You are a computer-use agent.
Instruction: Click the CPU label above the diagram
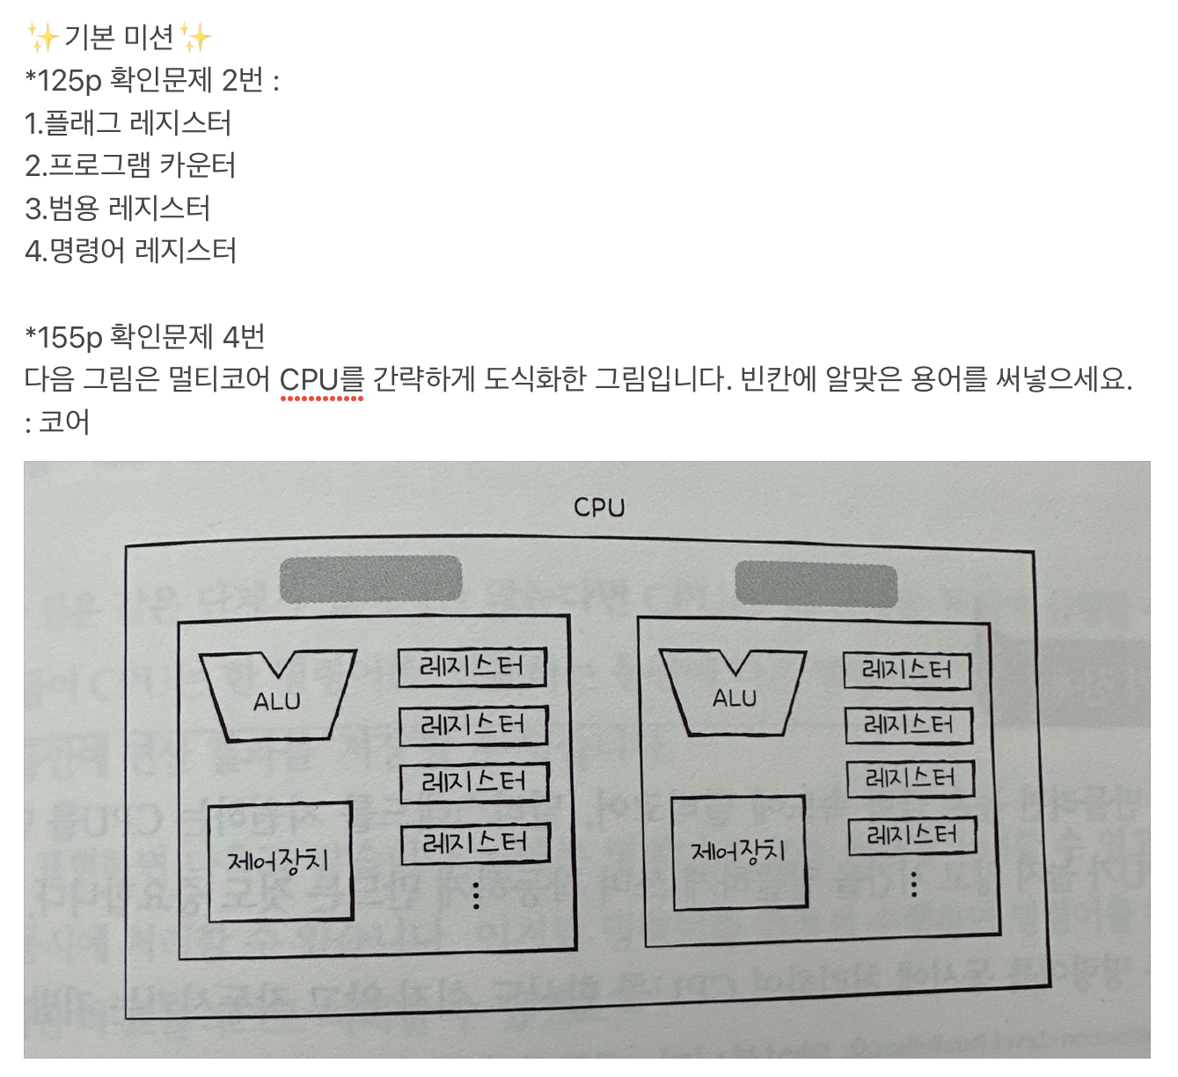click(599, 508)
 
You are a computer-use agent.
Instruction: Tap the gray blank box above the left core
click(370, 579)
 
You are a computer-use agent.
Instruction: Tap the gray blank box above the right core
click(816, 585)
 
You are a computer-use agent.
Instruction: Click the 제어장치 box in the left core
click(280, 861)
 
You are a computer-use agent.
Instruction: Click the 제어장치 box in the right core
click(739, 852)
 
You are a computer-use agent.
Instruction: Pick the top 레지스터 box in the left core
click(472, 667)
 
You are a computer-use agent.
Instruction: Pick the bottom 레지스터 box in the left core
click(475, 844)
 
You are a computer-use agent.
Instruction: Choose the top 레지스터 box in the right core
click(907, 670)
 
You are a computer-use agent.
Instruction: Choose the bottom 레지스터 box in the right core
click(912, 835)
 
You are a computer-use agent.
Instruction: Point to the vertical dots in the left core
click(476, 895)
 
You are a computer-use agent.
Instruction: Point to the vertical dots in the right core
click(914, 884)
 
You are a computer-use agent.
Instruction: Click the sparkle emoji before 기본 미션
click(41, 37)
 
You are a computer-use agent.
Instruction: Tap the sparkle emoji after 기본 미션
click(195, 37)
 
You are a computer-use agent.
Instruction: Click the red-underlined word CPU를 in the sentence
click(321, 380)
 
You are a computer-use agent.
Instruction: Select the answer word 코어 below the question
click(64, 422)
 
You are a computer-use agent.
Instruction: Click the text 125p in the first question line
click(70, 81)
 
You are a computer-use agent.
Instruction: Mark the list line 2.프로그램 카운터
click(130, 165)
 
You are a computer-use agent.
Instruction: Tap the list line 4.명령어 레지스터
click(130, 251)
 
